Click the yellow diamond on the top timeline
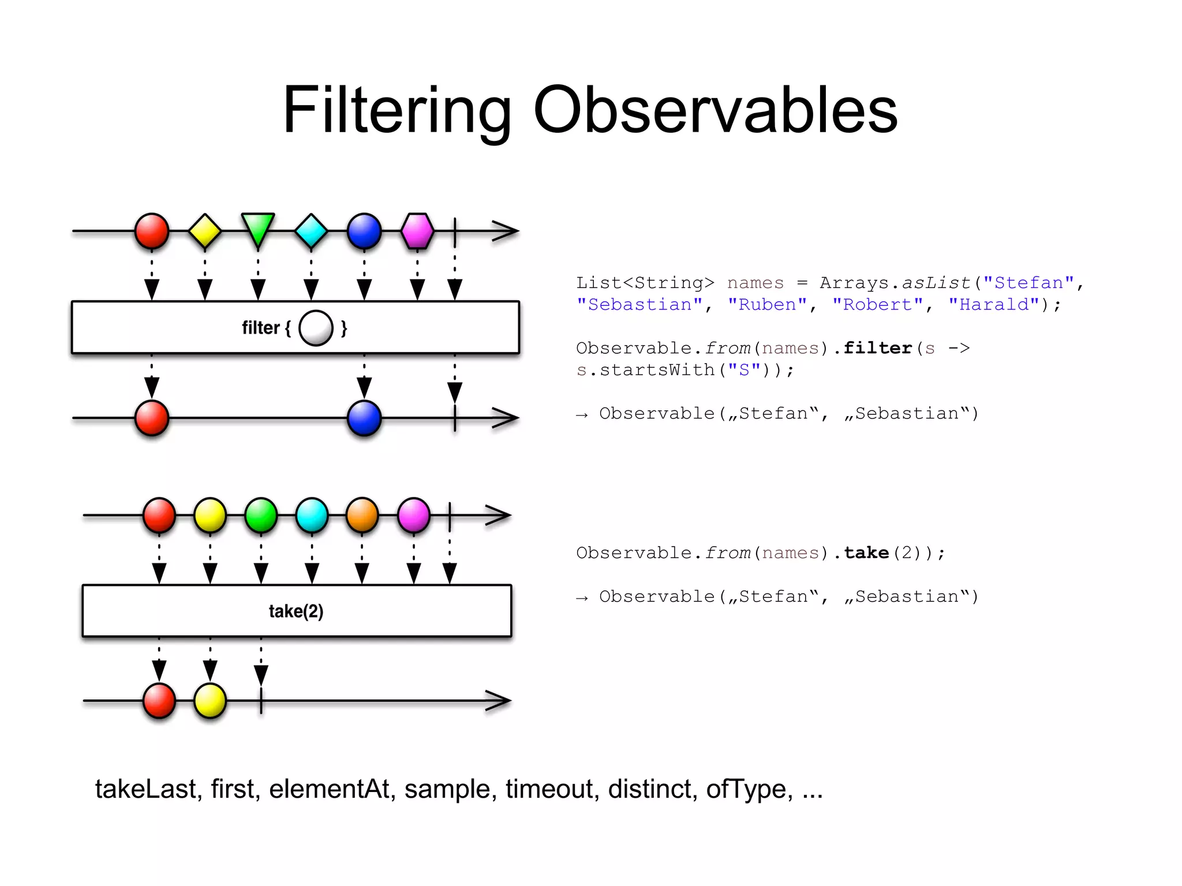pos(205,231)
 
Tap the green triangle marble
pos(258,229)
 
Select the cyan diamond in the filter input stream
pos(311,231)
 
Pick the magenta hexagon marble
pos(417,231)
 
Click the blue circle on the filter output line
pos(364,417)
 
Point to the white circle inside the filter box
pos(316,328)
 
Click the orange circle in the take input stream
pos(362,514)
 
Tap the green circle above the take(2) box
pos(261,514)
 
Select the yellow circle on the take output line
pos(210,701)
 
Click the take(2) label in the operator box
pos(296,611)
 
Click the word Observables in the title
pos(715,110)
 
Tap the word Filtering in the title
pos(397,110)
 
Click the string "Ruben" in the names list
pos(767,304)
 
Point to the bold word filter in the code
pos(877,348)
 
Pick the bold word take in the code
pos(866,552)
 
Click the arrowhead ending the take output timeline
pos(500,701)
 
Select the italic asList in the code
pos(936,283)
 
